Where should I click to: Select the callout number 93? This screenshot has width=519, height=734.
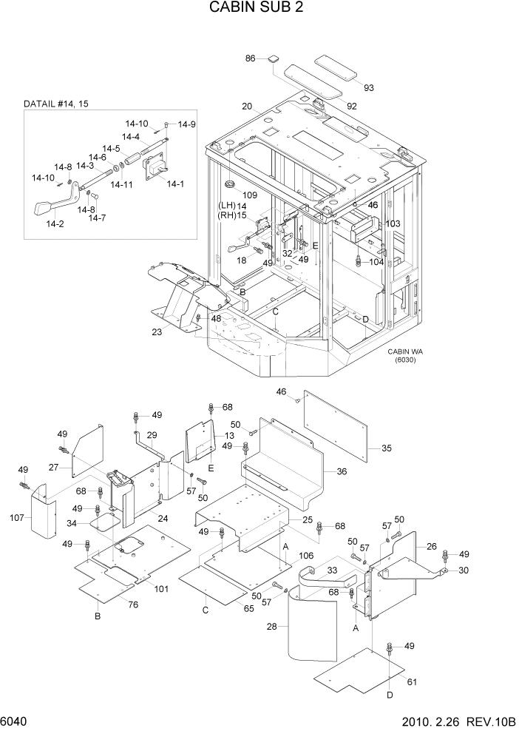(368, 88)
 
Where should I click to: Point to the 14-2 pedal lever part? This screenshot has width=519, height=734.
(46, 208)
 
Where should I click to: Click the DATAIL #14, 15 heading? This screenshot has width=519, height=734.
(55, 104)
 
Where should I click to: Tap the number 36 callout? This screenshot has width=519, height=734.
(342, 471)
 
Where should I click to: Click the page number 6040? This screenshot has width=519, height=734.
(15, 721)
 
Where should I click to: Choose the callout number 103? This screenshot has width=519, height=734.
(393, 223)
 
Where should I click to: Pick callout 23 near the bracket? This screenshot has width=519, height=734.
(157, 332)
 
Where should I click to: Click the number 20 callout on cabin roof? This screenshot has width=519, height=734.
(246, 106)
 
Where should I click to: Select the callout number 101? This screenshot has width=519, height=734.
(162, 590)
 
